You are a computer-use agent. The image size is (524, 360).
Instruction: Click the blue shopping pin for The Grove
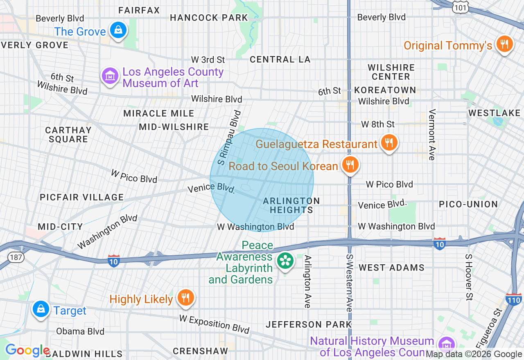pos(118,30)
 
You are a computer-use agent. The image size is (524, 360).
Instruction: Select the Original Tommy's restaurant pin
pos(504,44)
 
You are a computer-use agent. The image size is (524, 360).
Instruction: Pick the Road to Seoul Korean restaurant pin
pos(350,165)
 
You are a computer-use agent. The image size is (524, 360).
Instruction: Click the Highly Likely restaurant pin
pos(186,297)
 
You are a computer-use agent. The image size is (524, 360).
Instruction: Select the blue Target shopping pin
pos(41,309)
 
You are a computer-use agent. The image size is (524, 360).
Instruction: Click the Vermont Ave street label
pos(431,135)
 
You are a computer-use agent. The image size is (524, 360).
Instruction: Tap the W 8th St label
pos(377,124)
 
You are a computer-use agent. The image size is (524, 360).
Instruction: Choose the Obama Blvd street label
pos(80,331)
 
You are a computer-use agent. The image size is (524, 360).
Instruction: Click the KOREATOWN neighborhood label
pos(385,90)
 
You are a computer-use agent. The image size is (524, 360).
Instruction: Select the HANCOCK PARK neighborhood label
pos(209,18)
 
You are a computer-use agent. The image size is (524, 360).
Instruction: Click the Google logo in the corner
pos(27,351)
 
